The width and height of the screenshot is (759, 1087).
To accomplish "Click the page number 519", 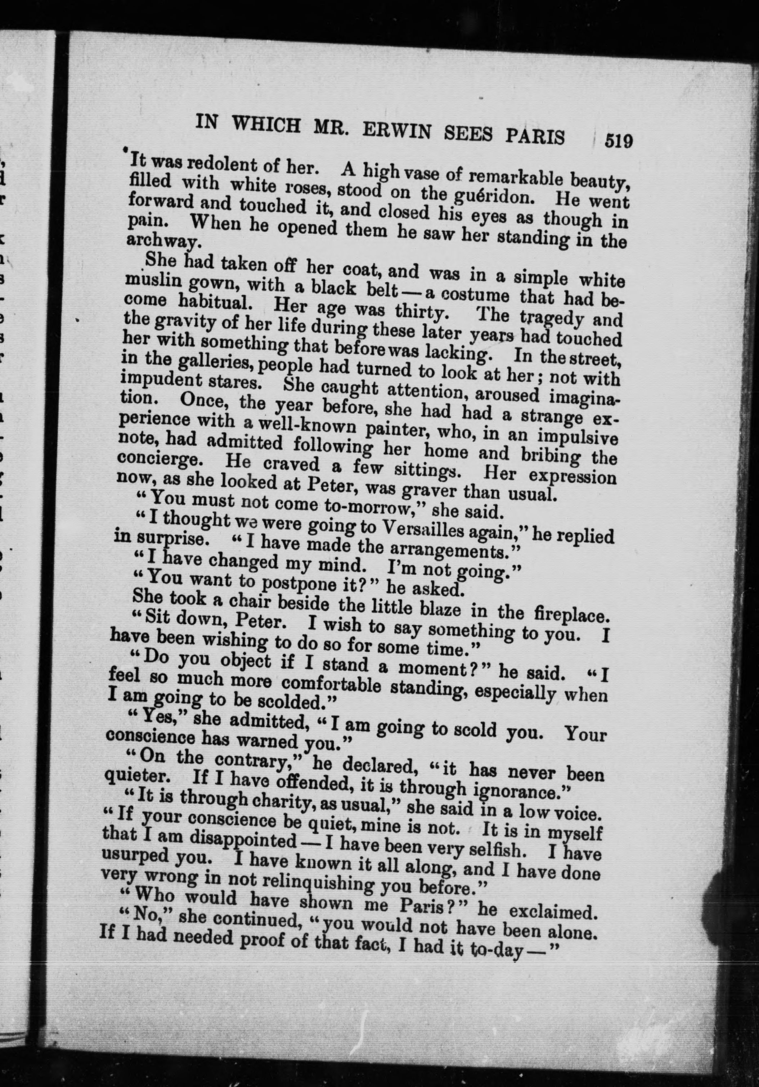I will (x=618, y=141).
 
